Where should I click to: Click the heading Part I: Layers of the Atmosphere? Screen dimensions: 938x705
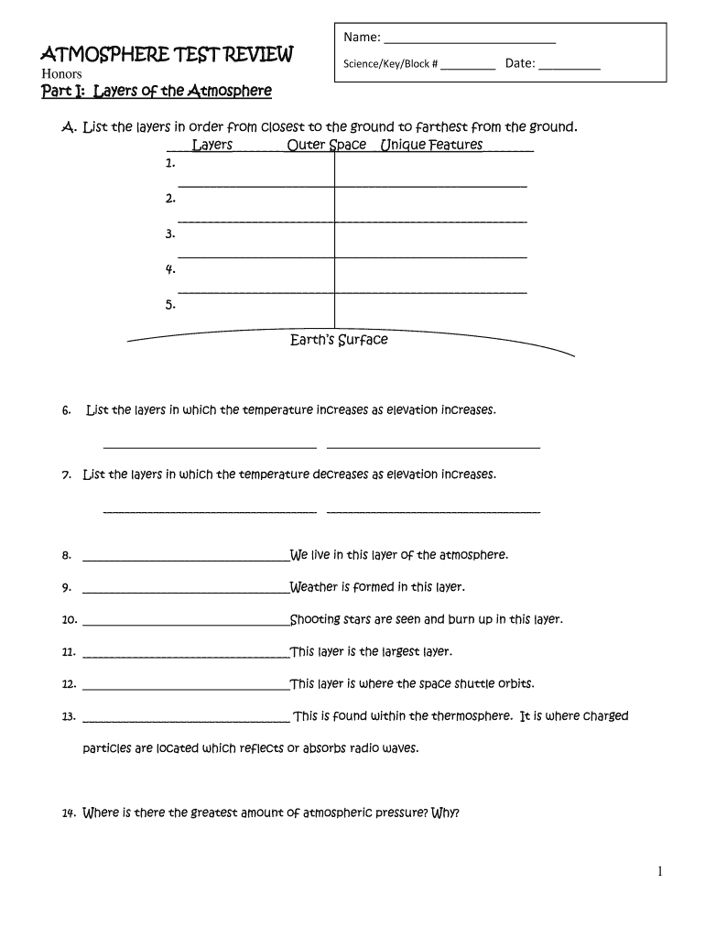pos(157,91)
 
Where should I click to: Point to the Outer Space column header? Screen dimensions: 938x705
pos(327,145)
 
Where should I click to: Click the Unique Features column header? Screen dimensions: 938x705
pos(431,145)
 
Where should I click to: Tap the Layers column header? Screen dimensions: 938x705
pos(212,145)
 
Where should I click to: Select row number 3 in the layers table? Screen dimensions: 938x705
pos(170,234)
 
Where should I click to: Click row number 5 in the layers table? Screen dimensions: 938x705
pos(170,305)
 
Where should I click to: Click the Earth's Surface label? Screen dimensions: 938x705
pos(339,340)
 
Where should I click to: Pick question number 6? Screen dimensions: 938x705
pos(67,410)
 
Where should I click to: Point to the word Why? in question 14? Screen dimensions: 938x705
pos(445,813)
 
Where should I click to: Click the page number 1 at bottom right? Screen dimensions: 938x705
pos(659,872)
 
